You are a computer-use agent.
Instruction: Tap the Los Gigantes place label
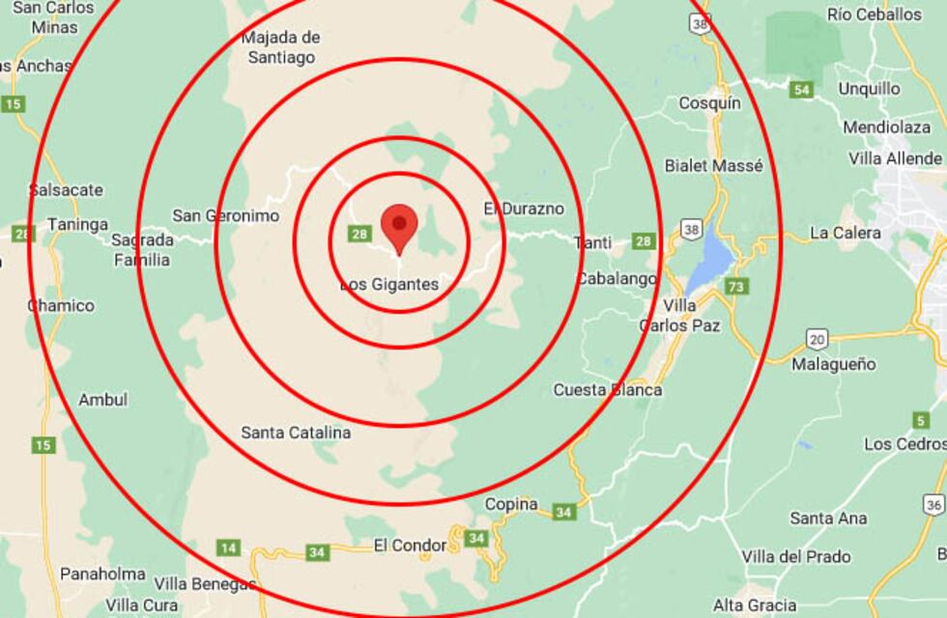(389, 285)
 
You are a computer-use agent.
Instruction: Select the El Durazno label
(524, 209)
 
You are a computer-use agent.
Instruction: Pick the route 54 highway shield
(800, 90)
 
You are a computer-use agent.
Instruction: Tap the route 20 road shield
(818, 339)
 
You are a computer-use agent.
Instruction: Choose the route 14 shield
(228, 548)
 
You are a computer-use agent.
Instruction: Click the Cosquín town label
(709, 102)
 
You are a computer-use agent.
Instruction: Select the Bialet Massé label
(713, 166)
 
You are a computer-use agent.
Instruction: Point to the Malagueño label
(833, 364)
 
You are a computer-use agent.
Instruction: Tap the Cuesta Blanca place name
(607, 390)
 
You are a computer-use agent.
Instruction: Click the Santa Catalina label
(296, 433)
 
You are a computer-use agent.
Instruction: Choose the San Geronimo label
(225, 215)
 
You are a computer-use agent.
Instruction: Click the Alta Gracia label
(756, 605)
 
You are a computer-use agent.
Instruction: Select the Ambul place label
(102, 400)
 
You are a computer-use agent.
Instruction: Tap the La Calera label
(845, 233)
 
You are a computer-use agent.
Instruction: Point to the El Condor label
(410, 546)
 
